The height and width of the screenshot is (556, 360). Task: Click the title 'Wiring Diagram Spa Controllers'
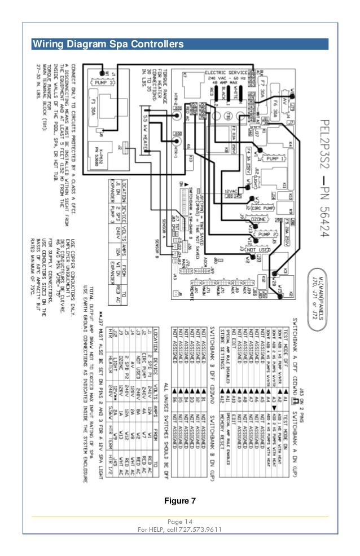click(107, 43)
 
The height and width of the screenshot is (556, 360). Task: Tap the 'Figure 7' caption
click(179, 501)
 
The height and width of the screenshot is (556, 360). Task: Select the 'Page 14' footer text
click(179, 521)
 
